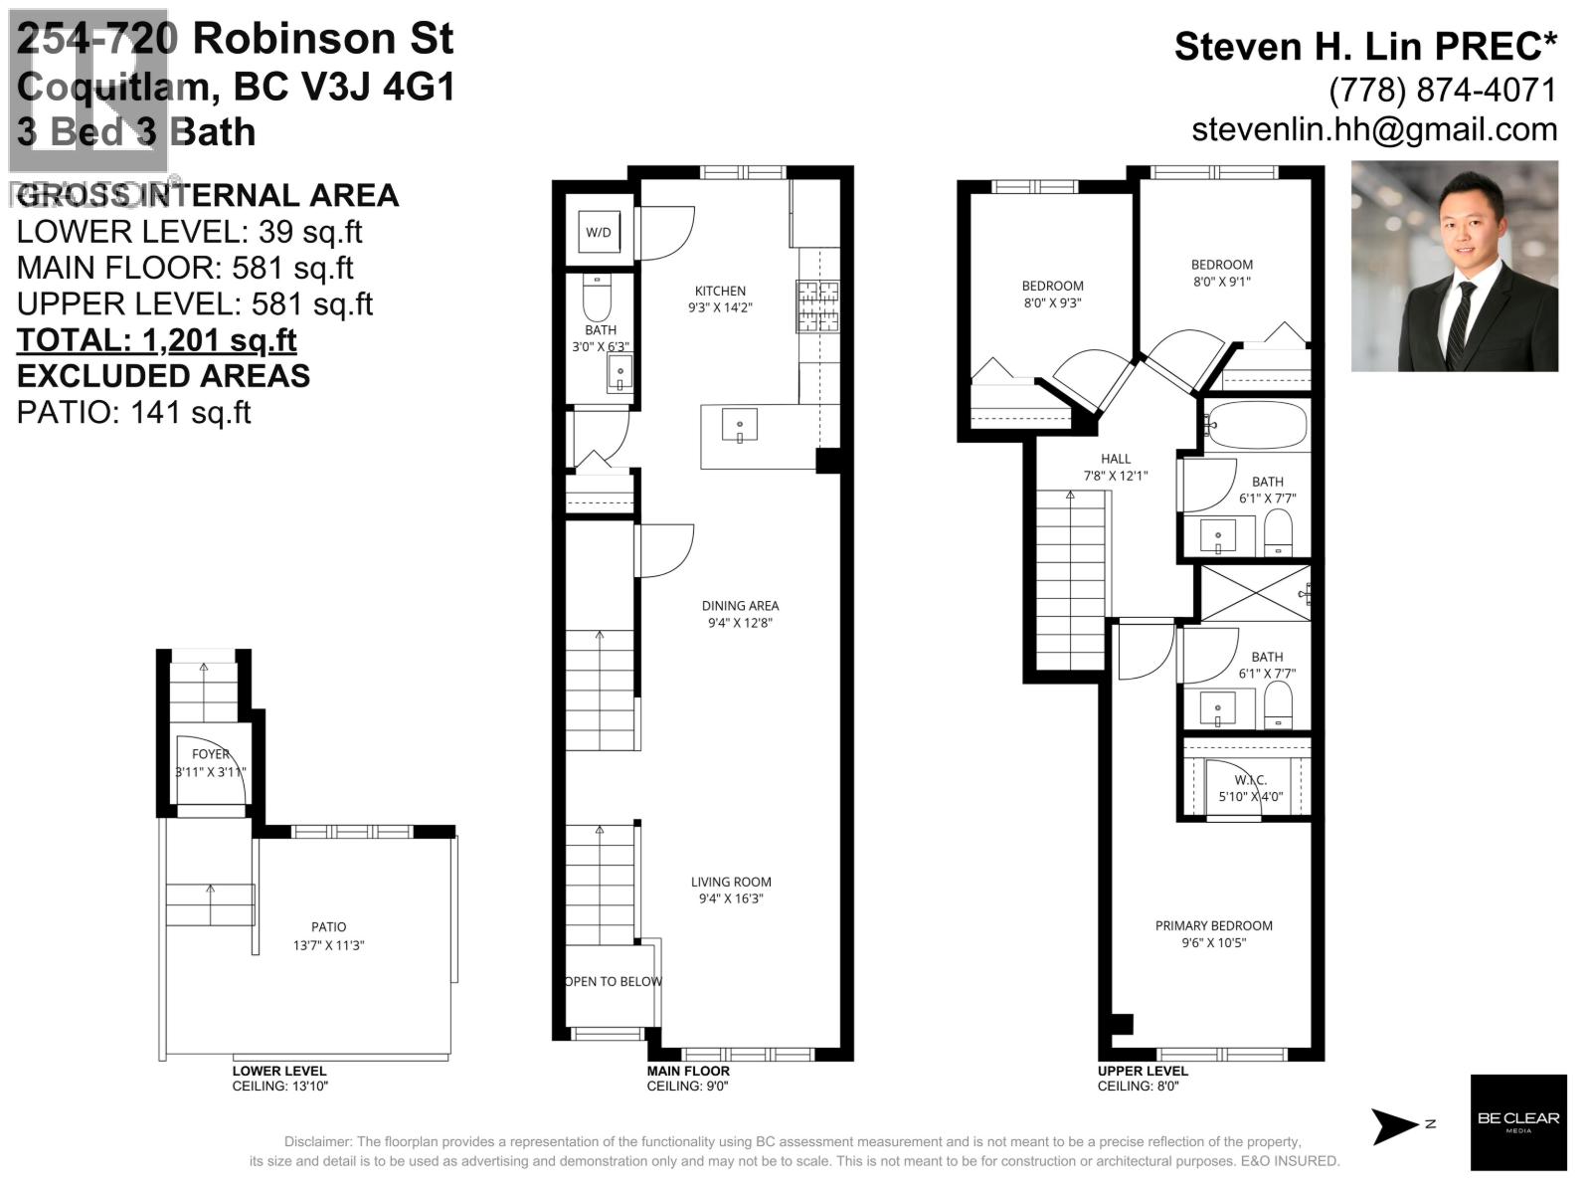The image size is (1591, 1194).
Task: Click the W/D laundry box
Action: tap(599, 233)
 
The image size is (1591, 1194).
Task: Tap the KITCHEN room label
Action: tap(720, 292)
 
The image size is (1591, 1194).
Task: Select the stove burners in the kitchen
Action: tap(817, 307)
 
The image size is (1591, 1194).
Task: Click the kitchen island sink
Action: tap(739, 425)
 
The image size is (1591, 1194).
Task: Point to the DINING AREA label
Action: tap(740, 606)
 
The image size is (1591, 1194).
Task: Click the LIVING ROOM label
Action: tap(731, 882)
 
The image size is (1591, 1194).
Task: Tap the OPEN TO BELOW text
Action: tap(613, 981)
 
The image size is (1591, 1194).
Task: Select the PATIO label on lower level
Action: tap(328, 926)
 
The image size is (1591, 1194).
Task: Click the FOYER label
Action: tap(211, 754)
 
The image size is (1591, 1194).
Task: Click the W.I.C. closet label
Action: tap(1249, 780)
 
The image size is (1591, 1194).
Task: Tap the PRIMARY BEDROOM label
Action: tap(1213, 925)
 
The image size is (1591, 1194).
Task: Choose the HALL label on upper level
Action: tap(1116, 459)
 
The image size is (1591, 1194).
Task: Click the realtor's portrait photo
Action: tap(1454, 267)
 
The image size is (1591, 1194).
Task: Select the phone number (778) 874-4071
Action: tap(1442, 90)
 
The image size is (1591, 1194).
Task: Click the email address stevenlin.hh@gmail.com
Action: tap(1374, 129)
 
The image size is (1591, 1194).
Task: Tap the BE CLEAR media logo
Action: tap(1517, 1121)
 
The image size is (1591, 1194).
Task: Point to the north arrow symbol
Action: tap(1397, 1125)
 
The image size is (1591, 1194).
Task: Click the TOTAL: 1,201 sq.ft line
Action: tap(157, 340)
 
